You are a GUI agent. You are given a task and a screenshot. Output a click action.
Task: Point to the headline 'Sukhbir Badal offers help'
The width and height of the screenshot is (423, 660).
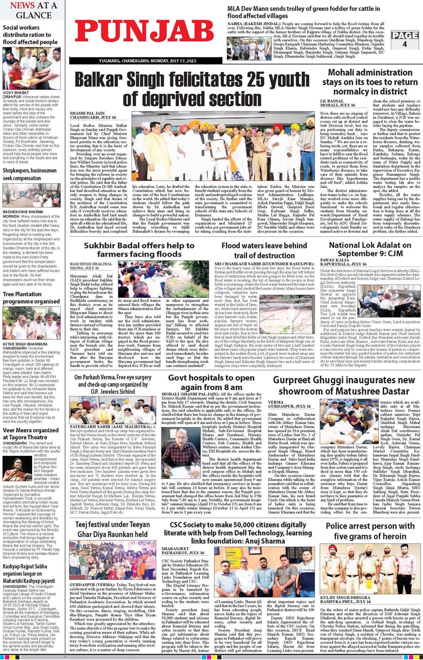click(x=139, y=250)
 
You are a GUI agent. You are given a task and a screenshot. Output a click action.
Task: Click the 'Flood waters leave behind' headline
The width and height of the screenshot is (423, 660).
click(x=264, y=250)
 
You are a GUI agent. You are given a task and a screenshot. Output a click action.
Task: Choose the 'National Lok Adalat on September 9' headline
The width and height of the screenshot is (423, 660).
click(x=370, y=249)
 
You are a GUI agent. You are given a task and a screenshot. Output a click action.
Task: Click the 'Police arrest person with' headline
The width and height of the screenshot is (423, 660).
click(x=370, y=531)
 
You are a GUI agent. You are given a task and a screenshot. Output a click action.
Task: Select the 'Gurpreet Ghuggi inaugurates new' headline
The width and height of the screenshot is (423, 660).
click(x=344, y=385)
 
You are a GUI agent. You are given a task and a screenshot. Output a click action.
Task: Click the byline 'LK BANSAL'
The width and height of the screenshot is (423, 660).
click(x=332, y=101)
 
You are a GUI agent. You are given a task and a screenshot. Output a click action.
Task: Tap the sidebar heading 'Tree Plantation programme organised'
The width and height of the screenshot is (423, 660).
click(x=31, y=298)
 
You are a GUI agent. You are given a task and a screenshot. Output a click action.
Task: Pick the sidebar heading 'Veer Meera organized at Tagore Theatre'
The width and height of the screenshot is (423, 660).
click(x=31, y=434)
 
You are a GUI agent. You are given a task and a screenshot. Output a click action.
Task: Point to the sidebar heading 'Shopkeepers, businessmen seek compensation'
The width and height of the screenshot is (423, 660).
click(x=30, y=174)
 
